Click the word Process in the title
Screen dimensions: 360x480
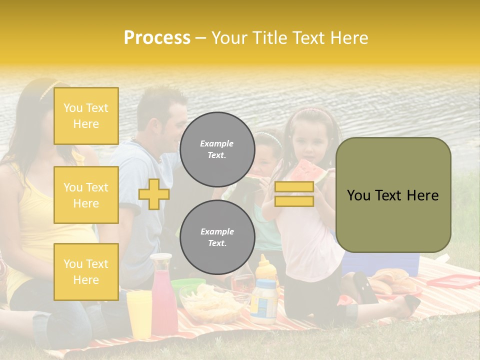click(x=157, y=38)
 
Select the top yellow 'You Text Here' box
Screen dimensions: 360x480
click(x=86, y=116)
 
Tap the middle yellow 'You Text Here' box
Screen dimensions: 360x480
click(x=86, y=195)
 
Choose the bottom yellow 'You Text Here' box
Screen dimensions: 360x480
click(x=86, y=271)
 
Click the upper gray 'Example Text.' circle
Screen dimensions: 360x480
click(x=217, y=149)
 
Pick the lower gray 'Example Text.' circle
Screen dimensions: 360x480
click(x=217, y=237)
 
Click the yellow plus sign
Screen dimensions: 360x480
click(x=154, y=194)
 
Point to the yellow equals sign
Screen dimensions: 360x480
click(x=294, y=194)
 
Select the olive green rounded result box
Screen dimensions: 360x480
click(x=393, y=195)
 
